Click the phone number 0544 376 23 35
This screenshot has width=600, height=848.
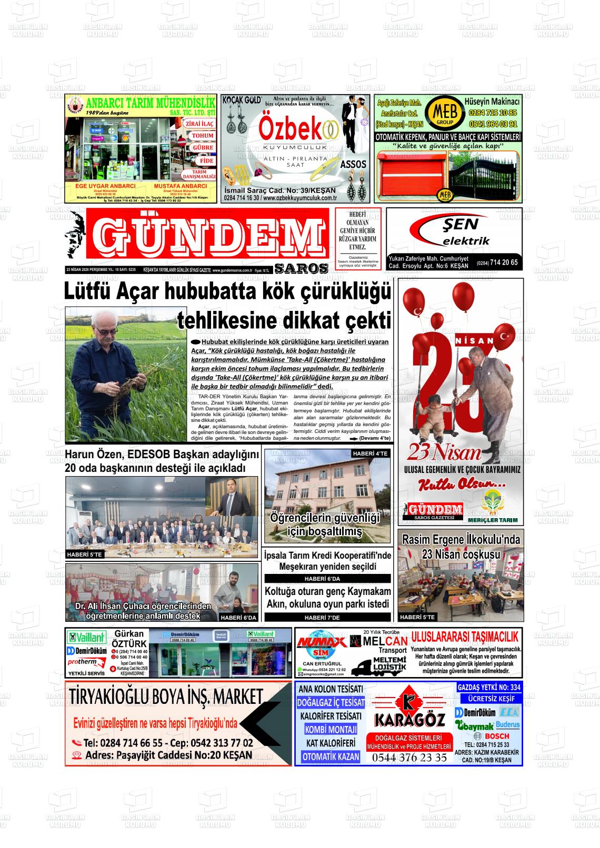pos(409,758)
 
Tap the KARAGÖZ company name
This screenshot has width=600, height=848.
pos(409,719)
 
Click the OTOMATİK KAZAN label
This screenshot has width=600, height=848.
pos(331,756)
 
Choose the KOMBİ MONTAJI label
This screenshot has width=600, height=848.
pos(331,730)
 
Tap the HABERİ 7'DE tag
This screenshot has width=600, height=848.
pos(327,618)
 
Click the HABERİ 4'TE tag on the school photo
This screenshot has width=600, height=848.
pos(370,453)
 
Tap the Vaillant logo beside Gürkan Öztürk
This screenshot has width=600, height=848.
pos(86,637)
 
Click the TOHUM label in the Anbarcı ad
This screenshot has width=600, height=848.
pos(202,136)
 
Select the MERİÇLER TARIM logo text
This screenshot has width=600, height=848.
pos(493,520)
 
